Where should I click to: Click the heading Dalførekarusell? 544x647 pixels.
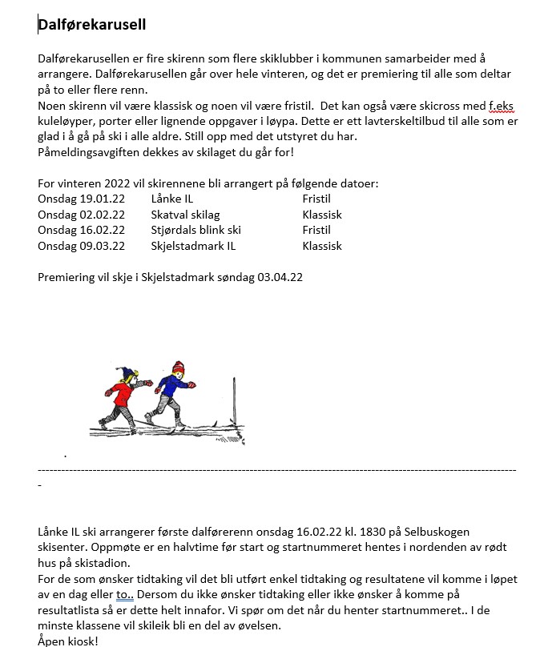click(x=91, y=25)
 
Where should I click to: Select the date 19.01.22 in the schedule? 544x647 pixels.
click(x=103, y=199)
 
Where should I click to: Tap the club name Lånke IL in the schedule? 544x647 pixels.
click(x=171, y=199)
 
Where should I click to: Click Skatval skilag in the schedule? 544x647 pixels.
click(x=185, y=215)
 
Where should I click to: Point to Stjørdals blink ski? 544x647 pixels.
click(x=195, y=230)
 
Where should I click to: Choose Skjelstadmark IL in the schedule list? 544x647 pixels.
click(x=193, y=246)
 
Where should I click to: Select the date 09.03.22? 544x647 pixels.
click(x=103, y=246)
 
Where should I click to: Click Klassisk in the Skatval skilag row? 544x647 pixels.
click(x=322, y=215)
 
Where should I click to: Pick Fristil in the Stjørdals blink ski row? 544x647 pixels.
click(x=316, y=230)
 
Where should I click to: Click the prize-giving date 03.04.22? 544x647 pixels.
click(x=280, y=277)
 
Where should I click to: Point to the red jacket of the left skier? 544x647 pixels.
click(x=120, y=394)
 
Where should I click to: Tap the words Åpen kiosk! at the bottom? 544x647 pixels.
click(x=67, y=641)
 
